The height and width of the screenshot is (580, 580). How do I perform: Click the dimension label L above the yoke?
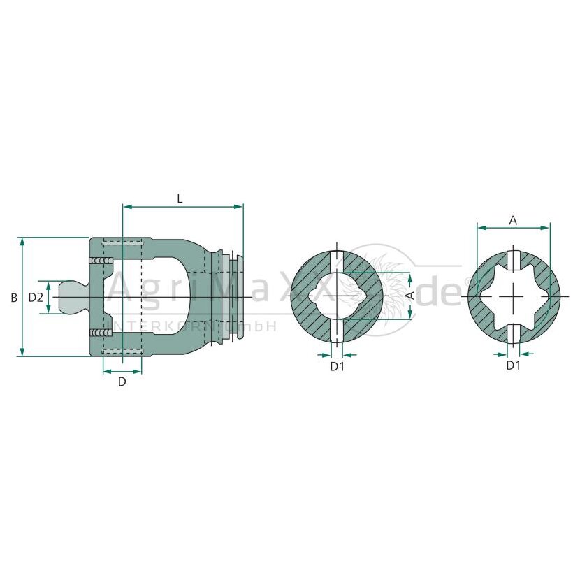click(180, 199)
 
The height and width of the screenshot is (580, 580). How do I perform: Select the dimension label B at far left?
click(14, 298)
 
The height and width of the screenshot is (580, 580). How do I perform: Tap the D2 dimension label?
click(36, 297)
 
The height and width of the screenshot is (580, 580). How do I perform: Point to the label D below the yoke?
click(122, 382)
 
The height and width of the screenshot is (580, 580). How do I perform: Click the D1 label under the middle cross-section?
click(337, 367)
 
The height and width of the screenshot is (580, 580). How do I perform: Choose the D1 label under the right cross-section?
click(513, 365)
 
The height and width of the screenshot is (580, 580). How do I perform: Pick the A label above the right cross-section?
click(513, 221)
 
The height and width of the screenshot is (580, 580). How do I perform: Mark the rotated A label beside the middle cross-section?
click(410, 296)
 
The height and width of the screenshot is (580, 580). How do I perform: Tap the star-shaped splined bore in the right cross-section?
click(514, 297)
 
